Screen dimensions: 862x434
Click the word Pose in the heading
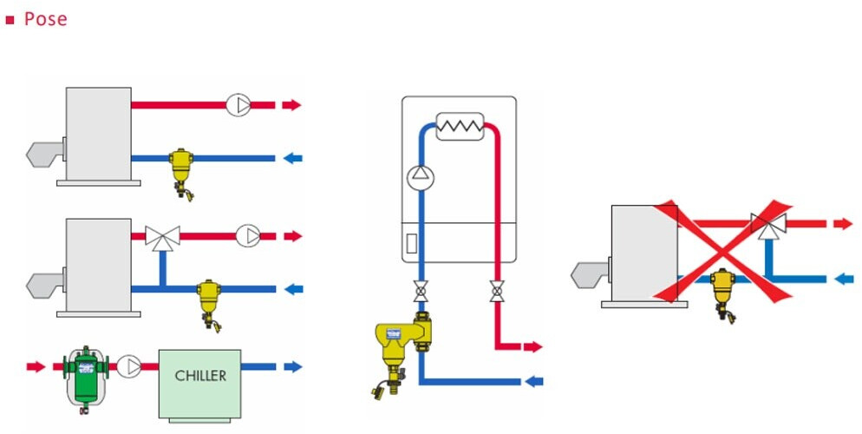coord(46,19)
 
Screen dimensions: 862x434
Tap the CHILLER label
coord(200,376)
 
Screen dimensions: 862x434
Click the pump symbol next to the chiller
coord(128,367)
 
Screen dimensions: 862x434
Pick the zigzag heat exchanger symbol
coord(460,127)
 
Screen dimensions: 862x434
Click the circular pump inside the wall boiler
coord(421,177)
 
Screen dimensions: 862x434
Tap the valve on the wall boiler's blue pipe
coord(421,291)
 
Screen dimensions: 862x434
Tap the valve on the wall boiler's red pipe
coord(497,291)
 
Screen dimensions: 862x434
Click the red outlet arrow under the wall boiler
coord(532,346)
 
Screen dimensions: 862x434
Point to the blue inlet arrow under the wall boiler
coord(534,381)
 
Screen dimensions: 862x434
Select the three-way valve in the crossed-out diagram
coord(768,225)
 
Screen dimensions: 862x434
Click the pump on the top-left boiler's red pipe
coord(238,105)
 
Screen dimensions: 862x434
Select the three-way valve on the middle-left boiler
coord(163,238)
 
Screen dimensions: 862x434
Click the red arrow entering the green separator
coord(36,366)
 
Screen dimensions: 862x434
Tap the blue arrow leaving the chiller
coord(293,366)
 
